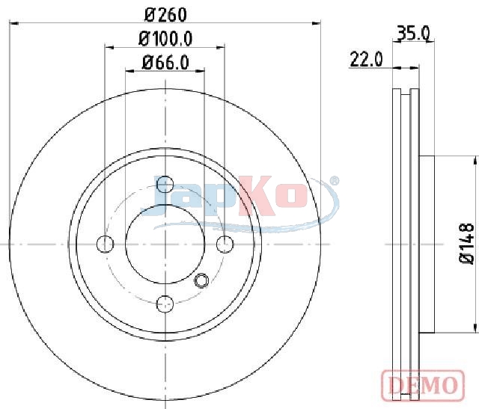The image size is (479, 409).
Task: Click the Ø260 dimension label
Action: pos(165,14)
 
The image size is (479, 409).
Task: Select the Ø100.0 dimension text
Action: pos(165,39)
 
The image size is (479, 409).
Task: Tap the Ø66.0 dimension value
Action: pos(165,63)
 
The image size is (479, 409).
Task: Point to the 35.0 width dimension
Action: pos(413,33)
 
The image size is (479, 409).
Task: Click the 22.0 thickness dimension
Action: pos(366,59)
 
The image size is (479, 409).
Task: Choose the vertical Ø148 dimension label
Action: pos(467,243)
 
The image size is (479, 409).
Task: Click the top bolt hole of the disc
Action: pos(165,185)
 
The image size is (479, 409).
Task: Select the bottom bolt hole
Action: pos(165,304)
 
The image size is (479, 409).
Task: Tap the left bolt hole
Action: pos(105,245)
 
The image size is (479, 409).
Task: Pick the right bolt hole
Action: pos(225,245)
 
